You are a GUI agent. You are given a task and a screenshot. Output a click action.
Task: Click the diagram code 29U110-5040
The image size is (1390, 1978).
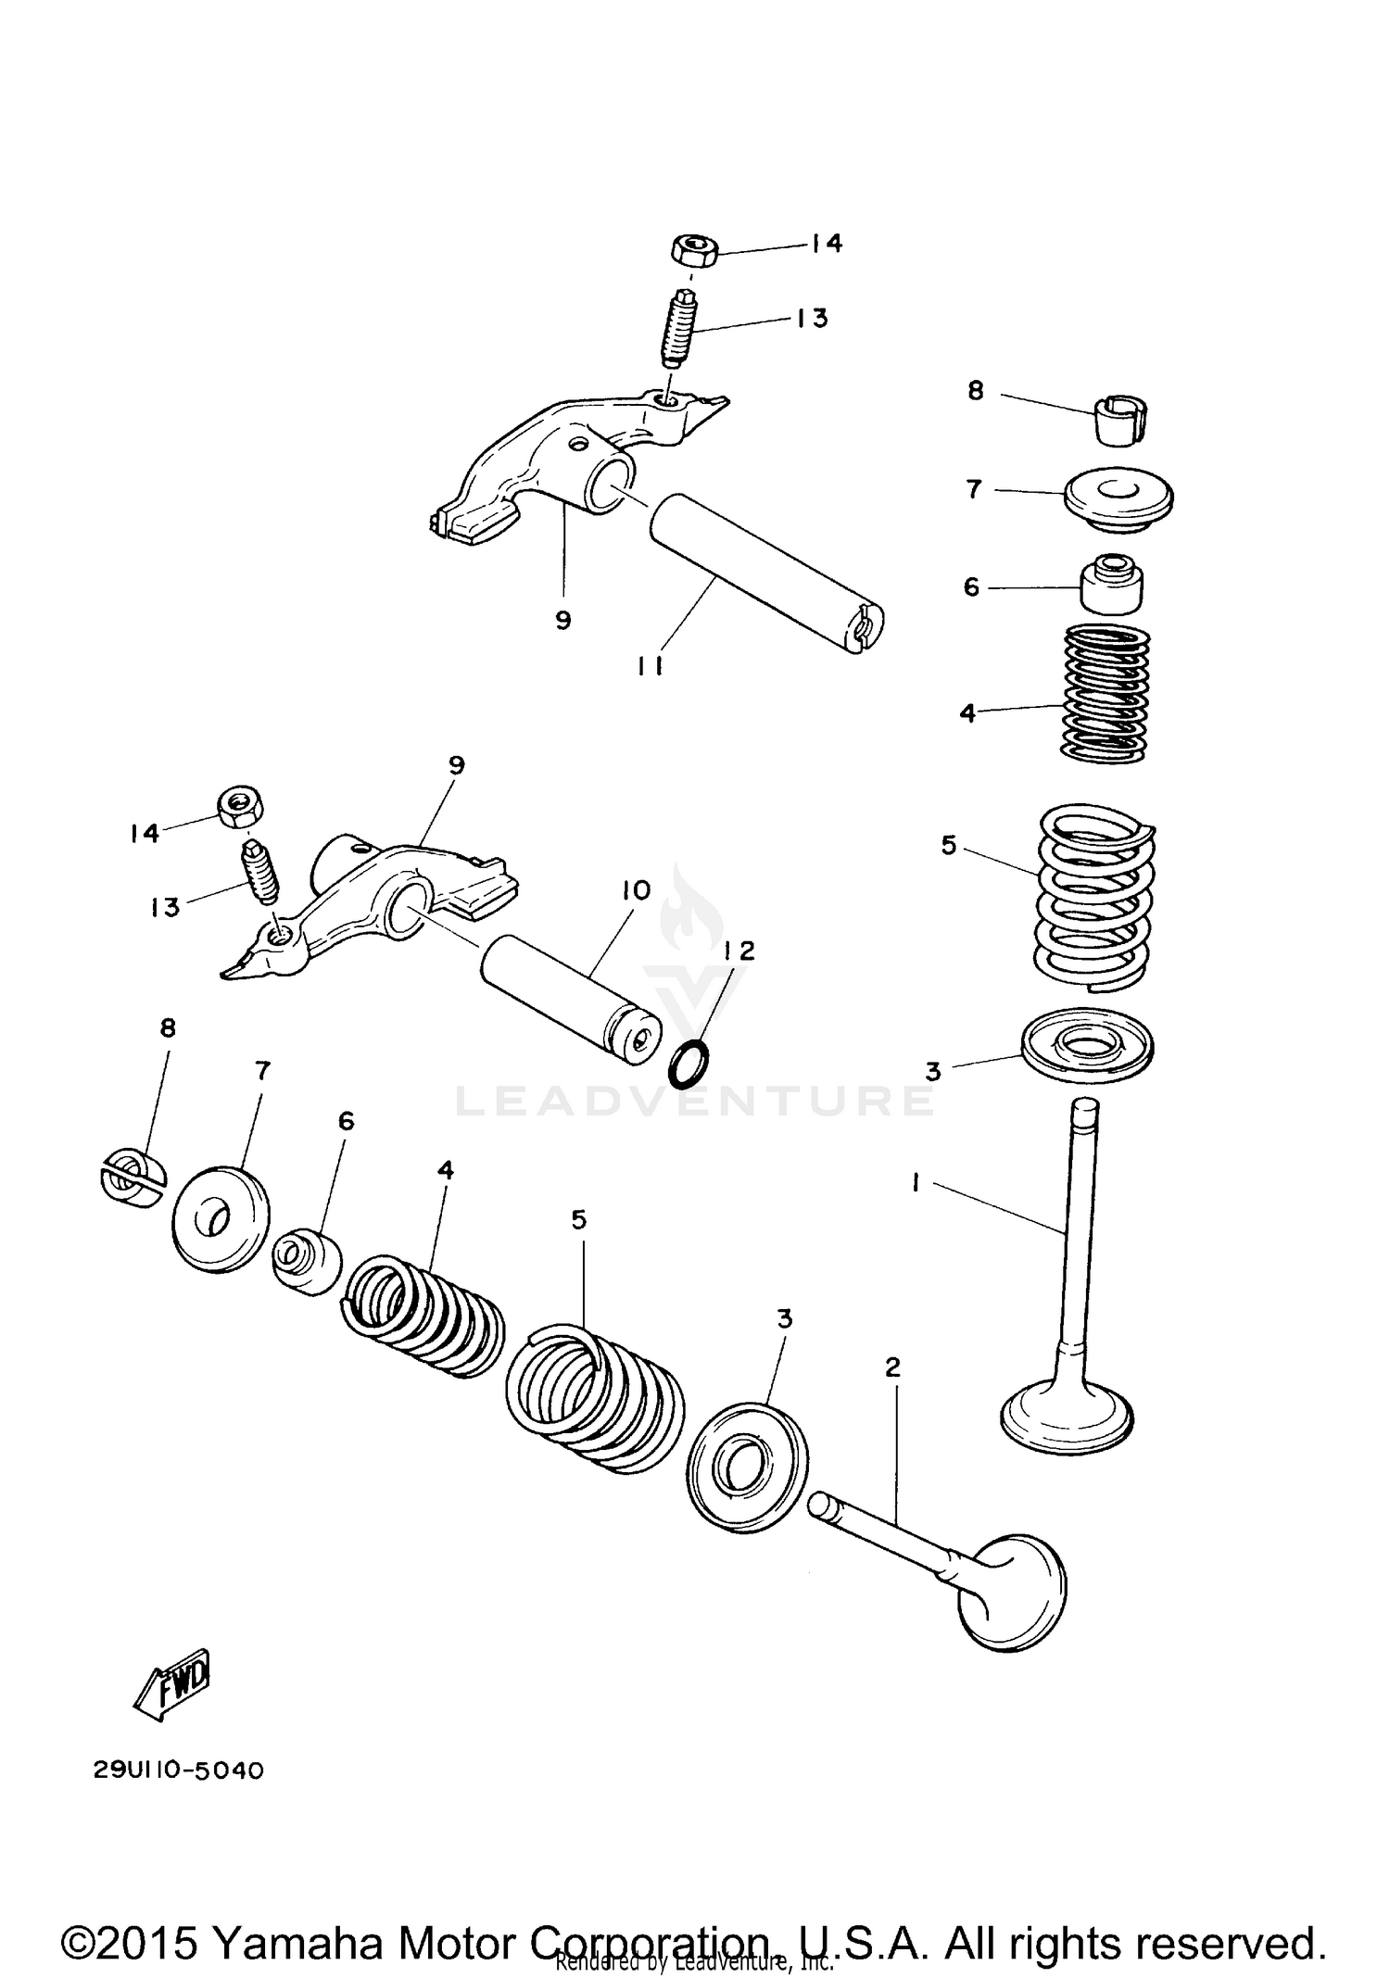(179, 1770)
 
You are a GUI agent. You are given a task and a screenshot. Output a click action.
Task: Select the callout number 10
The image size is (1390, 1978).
(636, 891)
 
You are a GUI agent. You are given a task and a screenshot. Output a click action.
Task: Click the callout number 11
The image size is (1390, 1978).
(650, 665)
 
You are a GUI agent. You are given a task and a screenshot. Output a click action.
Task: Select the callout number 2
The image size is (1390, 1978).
(892, 1367)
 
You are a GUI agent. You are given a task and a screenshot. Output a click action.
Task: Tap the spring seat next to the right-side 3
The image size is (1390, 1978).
(1087, 1045)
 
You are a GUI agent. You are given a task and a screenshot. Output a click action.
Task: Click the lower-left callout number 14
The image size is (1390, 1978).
(145, 833)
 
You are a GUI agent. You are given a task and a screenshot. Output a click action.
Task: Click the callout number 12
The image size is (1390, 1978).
(739, 951)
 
